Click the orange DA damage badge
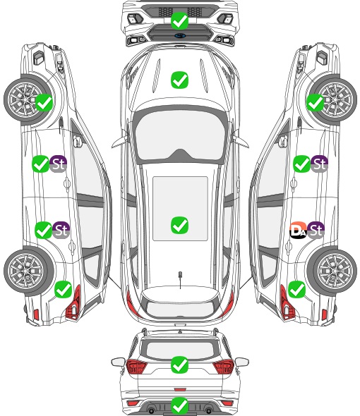point(298,230)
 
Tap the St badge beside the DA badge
point(316,230)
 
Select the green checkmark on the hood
point(179,80)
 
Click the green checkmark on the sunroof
point(179,225)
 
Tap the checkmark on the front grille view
point(179,20)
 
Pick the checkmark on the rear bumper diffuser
point(179,405)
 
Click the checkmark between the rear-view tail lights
point(179,365)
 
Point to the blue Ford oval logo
point(180,35)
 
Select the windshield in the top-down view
point(180,134)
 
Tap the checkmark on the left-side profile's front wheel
point(44,103)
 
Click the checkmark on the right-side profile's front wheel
point(316,103)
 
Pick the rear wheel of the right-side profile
point(332,271)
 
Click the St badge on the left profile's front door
point(58,164)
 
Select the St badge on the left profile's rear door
point(61,230)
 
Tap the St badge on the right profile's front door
point(319,164)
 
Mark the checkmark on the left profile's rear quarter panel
point(64,290)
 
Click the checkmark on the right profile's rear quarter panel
point(296,290)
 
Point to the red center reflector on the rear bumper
point(180,389)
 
